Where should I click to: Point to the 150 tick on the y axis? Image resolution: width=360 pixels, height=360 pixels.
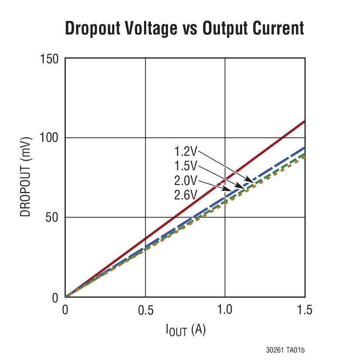tap(49, 58)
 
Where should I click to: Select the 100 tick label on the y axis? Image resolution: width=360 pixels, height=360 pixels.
tap(49, 138)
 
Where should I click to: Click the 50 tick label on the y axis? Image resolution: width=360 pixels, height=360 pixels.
tap(52, 218)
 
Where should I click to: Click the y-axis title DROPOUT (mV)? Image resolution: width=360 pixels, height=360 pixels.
tap(26, 178)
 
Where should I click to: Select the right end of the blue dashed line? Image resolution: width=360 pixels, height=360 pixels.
tap(303, 148)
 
